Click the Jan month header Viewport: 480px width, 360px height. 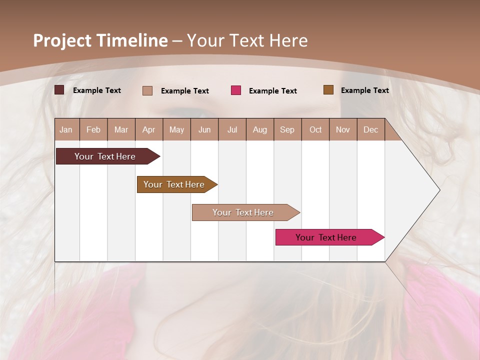pos(66,129)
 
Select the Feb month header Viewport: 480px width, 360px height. pos(93,129)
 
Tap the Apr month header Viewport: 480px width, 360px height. pos(148,129)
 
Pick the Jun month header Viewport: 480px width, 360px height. pos(204,129)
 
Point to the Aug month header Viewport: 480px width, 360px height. pos(259,129)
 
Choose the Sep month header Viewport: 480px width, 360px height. pos(287,129)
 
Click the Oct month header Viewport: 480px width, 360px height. pos(315,129)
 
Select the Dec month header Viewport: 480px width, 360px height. pos(370,129)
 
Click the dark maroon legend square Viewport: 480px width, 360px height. pos(59,90)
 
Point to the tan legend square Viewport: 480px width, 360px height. pos(147,90)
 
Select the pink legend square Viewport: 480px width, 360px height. pos(236,90)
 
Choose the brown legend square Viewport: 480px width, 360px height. pos(328,90)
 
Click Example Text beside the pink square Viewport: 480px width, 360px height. pos(273,91)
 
